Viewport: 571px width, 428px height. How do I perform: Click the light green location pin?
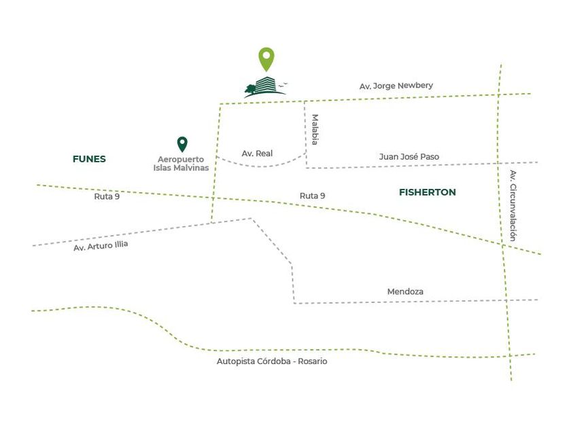[266, 58]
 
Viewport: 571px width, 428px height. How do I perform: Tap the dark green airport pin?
[182, 144]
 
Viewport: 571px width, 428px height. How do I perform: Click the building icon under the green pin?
[266, 87]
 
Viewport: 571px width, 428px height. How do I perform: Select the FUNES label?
[89, 159]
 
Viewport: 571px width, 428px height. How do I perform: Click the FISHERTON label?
[428, 192]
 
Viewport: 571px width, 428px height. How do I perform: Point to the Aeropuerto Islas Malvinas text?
[181, 164]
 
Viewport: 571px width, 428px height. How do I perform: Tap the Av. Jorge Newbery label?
[396, 86]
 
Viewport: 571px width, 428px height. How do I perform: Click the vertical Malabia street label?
[315, 130]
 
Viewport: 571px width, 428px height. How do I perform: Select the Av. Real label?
[257, 154]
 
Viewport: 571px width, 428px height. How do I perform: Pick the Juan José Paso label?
[409, 156]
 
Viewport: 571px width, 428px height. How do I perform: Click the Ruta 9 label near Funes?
[107, 196]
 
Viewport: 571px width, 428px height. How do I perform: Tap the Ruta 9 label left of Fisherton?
[313, 196]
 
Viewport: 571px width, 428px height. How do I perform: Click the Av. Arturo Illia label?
[101, 246]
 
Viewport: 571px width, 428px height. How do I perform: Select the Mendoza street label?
[405, 291]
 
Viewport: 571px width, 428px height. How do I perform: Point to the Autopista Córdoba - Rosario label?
[272, 361]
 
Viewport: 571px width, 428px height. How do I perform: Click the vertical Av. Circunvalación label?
[513, 206]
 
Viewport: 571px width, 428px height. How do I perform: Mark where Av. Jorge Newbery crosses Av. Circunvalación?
[498, 95]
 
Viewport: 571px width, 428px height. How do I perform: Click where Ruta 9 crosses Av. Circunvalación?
[503, 245]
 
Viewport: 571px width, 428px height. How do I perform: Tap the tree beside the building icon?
[251, 89]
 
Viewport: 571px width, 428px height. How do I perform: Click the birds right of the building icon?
[283, 85]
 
